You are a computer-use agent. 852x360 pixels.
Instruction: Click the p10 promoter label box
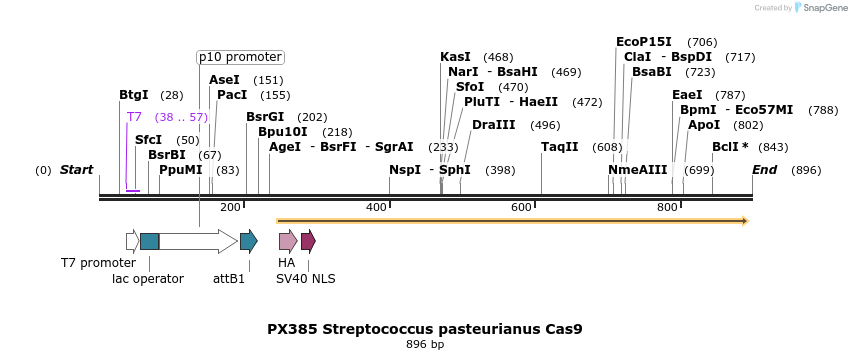coord(240,57)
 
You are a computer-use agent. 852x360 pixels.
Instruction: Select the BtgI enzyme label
coord(133,95)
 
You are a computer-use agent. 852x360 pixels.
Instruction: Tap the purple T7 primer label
coord(134,117)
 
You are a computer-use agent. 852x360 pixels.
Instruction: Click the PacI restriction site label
coord(232,95)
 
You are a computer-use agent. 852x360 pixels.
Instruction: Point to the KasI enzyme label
coord(455,57)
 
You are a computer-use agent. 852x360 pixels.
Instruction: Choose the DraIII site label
coord(494,125)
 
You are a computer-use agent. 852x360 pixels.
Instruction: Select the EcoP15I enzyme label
coord(644,42)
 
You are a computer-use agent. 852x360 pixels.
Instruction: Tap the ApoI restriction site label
coord(704,125)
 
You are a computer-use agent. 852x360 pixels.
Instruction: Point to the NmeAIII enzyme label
coord(637,170)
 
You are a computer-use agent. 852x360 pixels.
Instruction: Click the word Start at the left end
coord(76,170)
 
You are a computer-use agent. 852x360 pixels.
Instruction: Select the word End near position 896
coord(765,170)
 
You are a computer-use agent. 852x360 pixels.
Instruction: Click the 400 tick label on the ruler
coord(376,207)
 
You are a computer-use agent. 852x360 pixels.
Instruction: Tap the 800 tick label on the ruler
coord(667,207)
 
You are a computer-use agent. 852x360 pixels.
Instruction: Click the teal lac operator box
coord(149,241)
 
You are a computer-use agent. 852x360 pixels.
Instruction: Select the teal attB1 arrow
coord(248,241)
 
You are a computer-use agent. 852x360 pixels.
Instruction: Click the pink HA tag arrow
coord(287,241)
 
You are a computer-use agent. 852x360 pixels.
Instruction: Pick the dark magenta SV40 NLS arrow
coord(308,241)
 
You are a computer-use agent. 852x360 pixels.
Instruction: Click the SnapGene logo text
coord(823,8)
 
